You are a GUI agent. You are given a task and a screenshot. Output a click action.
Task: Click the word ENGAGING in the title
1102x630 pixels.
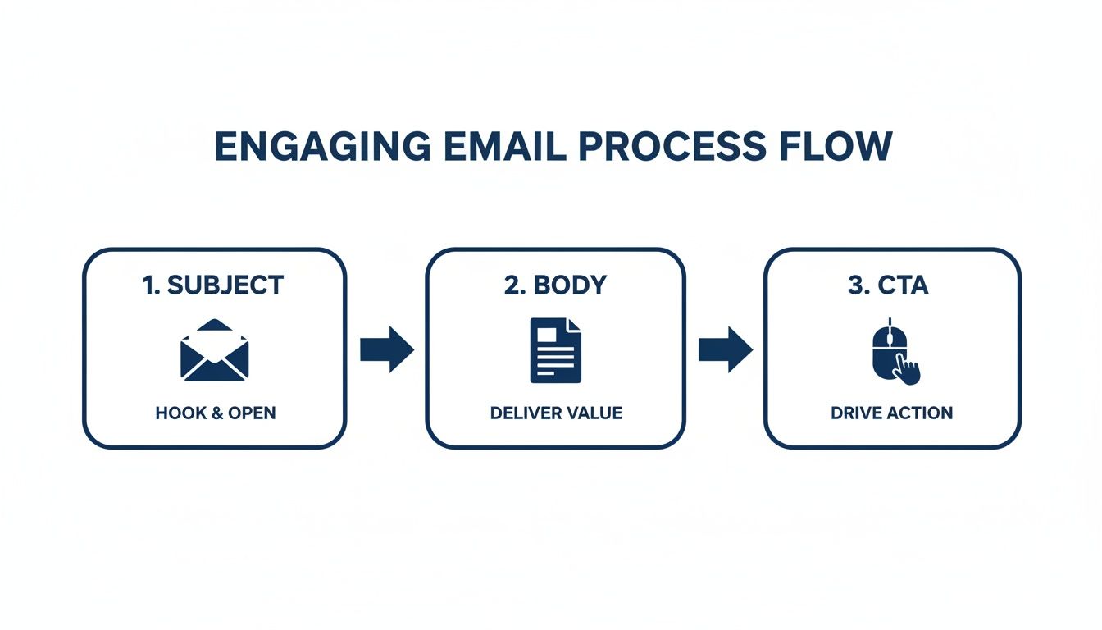click(x=321, y=146)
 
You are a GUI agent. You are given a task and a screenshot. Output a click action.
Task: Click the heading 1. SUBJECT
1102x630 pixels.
click(x=213, y=285)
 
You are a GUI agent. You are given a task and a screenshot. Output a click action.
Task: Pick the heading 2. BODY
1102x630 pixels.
click(x=555, y=285)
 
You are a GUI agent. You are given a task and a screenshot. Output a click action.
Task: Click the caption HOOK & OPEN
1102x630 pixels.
click(x=216, y=413)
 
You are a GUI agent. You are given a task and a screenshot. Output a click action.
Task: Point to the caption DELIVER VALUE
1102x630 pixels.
click(x=556, y=413)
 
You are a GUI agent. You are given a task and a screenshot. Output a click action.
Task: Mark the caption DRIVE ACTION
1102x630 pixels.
click(x=892, y=413)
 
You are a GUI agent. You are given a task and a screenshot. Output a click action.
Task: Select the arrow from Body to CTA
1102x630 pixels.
click(x=725, y=349)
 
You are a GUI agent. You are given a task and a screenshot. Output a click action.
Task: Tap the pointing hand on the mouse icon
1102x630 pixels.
click(x=907, y=369)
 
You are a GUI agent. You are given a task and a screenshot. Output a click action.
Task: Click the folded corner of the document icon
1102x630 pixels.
click(x=574, y=324)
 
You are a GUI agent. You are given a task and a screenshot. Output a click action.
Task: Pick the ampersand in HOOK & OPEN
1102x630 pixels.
click(x=217, y=413)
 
